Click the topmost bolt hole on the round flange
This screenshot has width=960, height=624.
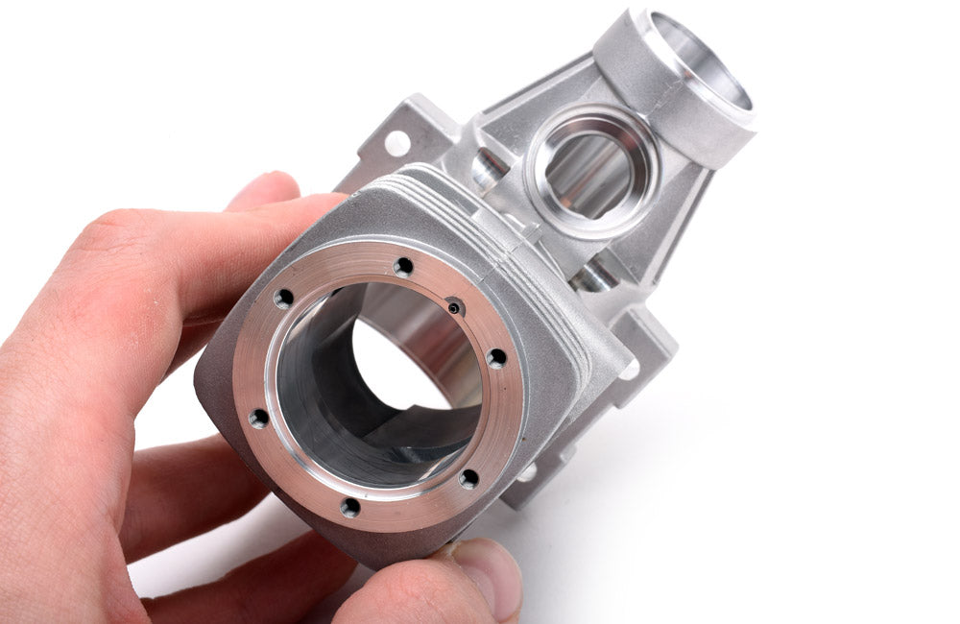click(x=404, y=266)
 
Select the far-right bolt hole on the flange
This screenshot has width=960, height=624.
click(x=496, y=358)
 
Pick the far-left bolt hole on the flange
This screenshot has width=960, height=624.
click(x=259, y=418)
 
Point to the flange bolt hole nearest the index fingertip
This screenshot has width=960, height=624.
click(x=283, y=299)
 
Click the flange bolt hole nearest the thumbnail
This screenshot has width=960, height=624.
click(x=468, y=478)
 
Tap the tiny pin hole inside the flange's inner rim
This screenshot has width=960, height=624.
click(x=454, y=307)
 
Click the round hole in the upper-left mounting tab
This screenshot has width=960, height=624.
click(x=396, y=144)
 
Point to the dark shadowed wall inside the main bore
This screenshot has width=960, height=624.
click(x=317, y=403)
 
